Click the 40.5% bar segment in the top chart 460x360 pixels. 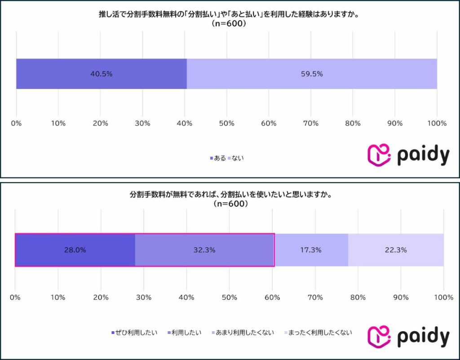click(x=101, y=74)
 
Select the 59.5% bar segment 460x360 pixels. click(x=312, y=74)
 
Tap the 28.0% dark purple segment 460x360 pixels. click(x=75, y=250)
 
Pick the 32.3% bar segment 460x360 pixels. click(x=204, y=250)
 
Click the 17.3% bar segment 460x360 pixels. click(x=311, y=250)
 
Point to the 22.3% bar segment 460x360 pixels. click(x=396, y=250)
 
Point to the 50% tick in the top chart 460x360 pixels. click(x=226, y=123)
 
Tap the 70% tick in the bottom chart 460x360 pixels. click(x=315, y=297)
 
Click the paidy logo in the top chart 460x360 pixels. click(x=408, y=155)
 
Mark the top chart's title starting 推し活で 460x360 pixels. click(x=230, y=15)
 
